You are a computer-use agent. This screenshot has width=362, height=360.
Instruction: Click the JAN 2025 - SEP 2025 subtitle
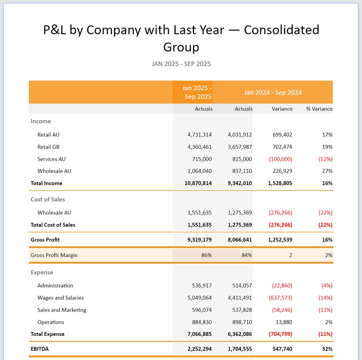(x=181, y=64)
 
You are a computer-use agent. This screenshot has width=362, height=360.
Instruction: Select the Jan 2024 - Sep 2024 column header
(x=273, y=92)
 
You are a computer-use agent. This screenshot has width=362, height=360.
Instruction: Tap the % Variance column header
(x=319, y=109)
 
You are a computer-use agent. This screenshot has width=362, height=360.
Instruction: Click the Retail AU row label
(x=48, y=135)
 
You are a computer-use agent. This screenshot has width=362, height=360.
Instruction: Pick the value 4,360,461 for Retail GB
(x=199, y=147)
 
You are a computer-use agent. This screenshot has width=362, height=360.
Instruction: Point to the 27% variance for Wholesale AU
(x=327, y=171)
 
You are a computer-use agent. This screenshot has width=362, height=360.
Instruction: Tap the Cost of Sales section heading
(x=48, y=199)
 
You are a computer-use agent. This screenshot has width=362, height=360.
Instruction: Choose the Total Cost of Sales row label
(x=53, y=225)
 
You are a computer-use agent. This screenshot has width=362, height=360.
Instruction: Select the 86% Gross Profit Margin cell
(x=206, y=255)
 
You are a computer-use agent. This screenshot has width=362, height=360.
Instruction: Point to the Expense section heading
(x=42, y=272)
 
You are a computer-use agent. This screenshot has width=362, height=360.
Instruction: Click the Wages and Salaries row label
(x=60, y=298)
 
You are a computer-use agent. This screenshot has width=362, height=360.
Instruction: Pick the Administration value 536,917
(x=202, y=286)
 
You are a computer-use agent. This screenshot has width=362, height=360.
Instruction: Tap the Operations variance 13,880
(x=284, y=322)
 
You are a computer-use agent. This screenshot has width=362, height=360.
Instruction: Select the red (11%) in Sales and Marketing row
(x=326, y=310)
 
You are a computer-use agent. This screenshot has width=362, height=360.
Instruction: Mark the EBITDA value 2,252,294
(x=199, y=349)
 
